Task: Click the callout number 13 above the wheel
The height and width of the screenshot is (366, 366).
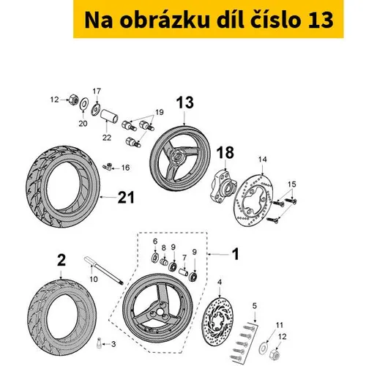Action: click(185, 102)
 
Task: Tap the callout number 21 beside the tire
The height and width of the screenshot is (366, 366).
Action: click(126, 198)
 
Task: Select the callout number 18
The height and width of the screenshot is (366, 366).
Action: click(225, 152)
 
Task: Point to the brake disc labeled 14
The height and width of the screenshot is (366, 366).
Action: click(254, 200)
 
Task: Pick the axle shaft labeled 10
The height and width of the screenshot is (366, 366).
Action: click(104, 270)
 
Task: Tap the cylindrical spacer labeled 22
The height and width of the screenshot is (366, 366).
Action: click(109, 116)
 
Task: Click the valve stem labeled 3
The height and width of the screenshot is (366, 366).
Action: click(99, 343)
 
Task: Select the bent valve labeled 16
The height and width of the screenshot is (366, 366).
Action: click(108, 167)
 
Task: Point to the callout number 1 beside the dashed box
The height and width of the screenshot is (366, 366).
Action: click(235, 254)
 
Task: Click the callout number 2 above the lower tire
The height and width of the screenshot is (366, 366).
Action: click(61, 260)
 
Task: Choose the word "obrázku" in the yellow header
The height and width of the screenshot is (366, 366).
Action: click(165, 20)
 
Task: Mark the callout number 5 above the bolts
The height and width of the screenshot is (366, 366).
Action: click(255, 305)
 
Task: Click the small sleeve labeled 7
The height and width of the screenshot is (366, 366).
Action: click(184, 272)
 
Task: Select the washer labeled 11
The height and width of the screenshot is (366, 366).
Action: click(263, 348)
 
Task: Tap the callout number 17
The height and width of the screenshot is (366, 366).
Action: click(97, 91)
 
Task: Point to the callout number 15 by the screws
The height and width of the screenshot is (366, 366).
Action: click(291, 184)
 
